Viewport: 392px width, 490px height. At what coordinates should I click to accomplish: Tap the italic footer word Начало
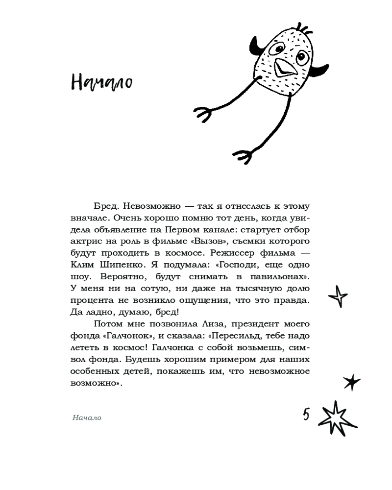click(86, 418)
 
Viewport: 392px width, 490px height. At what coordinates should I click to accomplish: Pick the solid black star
click(351, 382)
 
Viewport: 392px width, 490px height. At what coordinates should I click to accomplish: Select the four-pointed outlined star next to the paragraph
click(338, 296)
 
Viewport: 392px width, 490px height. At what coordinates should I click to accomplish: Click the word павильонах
click(279, 277)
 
